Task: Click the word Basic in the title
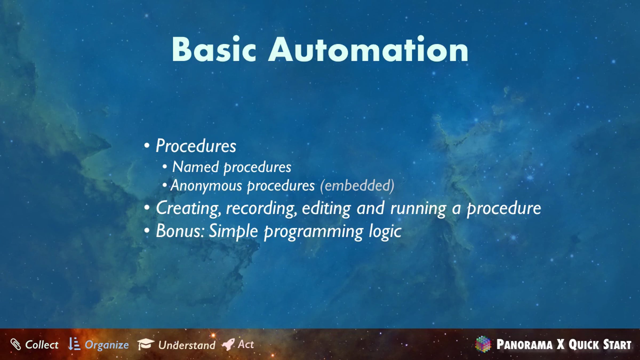[x=214, y=49]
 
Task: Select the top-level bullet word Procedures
[x=196, y=146]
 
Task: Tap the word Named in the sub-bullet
[x=195, y=167]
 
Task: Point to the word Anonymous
[x=206, y=186]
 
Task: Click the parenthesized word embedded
[x=357, y=186]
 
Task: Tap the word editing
[x=326, y=209]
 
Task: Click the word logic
[x=385, y=232]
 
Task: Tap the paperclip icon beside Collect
[x=16, y=344]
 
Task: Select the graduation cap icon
[x=146, y=344]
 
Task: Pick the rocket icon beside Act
[x=228, y=344]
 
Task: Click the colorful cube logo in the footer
[x=483, y=344]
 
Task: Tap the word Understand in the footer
[x=187, y=345]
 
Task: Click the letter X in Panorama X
[x=561, y=344]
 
